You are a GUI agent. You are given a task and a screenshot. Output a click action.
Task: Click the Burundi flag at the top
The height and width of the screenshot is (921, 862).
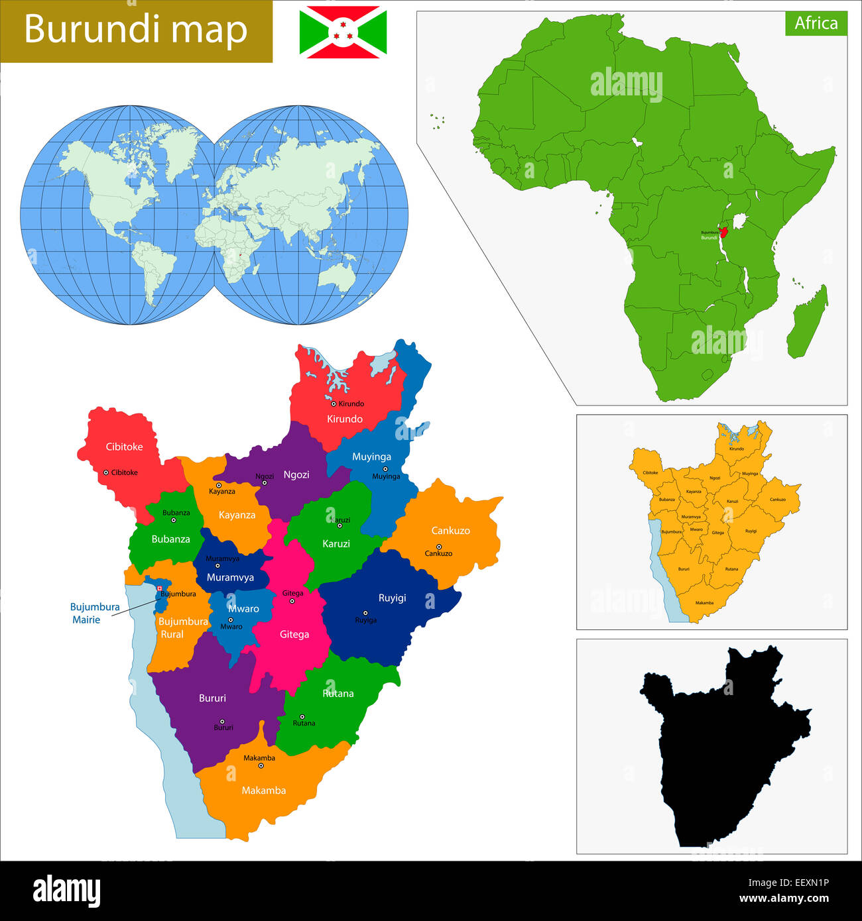343,32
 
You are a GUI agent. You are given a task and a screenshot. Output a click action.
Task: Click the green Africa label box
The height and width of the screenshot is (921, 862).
816,23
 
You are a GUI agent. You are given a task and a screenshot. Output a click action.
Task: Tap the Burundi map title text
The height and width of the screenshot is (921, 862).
135,30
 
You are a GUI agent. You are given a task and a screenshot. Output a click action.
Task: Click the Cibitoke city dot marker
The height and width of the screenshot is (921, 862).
106,472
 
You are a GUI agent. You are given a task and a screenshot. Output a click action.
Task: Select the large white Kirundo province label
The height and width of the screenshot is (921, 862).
344,419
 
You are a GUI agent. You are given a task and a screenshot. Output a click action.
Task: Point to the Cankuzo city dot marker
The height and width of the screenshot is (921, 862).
438,547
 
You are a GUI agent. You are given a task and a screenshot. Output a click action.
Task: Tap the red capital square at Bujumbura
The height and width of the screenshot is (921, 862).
160,588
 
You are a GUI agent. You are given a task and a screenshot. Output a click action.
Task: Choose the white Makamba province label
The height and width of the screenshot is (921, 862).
263,790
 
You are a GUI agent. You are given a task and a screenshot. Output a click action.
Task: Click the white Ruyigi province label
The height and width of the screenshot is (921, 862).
392,598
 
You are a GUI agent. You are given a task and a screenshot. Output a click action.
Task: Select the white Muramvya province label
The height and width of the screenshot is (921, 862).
230,577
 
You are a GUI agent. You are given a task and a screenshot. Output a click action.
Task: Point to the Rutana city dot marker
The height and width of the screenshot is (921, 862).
302,716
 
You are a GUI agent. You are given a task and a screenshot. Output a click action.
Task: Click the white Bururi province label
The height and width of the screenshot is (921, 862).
212,698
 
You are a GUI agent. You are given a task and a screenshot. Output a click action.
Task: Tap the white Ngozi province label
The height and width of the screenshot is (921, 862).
296,474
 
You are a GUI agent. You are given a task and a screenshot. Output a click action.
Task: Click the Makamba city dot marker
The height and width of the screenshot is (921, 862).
261,766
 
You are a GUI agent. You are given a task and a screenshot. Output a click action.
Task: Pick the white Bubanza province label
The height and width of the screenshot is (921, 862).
170,539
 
